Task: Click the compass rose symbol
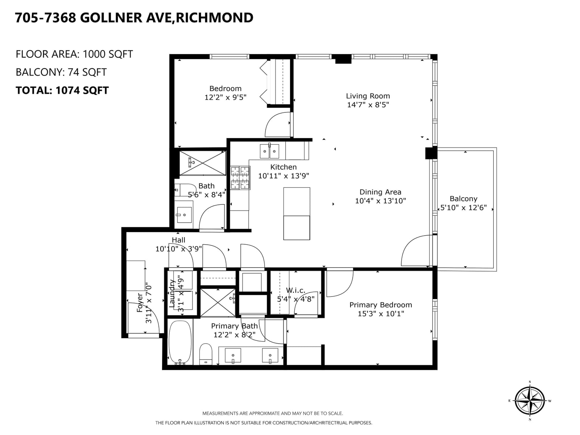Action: [530, 401]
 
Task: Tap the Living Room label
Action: [368, 96]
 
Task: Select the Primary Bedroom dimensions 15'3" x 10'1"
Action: [381, 314]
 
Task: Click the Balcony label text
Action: [464, 199]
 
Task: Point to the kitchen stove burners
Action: [240, 178]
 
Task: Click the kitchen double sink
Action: [269, 151]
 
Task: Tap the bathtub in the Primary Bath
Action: [180, 343]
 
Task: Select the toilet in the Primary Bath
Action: [206, 354]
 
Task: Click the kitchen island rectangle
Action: [297, 214]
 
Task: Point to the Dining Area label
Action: [380, 192]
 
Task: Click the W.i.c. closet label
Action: [295, 290]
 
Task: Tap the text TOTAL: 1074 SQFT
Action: [62, 90]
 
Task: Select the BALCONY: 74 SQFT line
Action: [61, 72]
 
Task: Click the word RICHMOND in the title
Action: [214, 18]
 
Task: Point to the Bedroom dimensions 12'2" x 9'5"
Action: [225, 98]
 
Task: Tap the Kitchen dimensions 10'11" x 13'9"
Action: [283, 176]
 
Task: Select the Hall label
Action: [179, 240]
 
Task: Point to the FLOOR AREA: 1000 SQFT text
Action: [74, 54]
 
